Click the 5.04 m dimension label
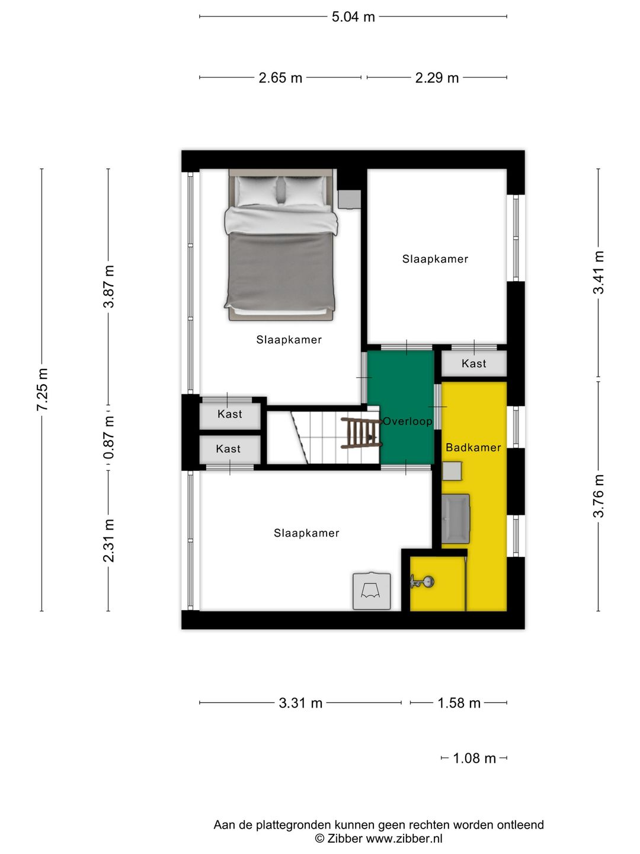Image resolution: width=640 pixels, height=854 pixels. pos(353,17)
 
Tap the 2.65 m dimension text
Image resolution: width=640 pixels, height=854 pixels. pos(280,78)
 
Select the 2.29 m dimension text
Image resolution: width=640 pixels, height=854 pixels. pos(437,78)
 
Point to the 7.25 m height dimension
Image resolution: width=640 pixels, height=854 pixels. pos(42,390)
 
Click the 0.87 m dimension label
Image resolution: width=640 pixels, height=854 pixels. pos(108,438)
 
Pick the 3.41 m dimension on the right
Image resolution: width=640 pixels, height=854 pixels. pos(599,272)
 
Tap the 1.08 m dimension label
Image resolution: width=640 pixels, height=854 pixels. pos(474,759)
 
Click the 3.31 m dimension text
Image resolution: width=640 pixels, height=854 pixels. pos(300,703)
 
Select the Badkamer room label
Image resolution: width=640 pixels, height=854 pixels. pos(473,448)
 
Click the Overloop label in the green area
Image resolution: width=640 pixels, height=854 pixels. pos(408,422)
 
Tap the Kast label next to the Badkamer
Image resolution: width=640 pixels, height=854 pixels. pos(473,364)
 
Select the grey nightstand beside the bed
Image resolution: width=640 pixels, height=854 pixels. pos(349,199)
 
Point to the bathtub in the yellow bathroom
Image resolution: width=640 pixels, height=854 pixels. pos(455,519)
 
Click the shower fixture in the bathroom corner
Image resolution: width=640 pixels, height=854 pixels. pos(422,582)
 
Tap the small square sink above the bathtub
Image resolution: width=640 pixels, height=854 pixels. pos(452,471)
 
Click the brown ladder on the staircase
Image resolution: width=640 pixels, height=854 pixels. pos(360,433)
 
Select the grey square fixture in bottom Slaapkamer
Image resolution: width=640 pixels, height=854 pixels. pos(372,591)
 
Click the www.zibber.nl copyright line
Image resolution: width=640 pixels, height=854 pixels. pos(379,839)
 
